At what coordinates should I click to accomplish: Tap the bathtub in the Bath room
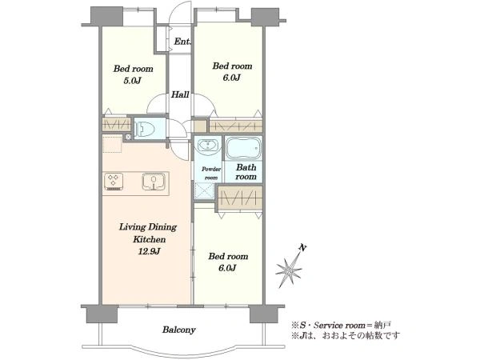click(244, 148)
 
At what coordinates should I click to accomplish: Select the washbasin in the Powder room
click(208, 146)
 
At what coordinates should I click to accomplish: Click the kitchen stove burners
click(114, 182)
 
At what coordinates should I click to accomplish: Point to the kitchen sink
click(154, 182)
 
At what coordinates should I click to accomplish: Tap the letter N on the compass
click(302, 248)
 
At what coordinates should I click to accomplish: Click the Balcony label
click(178, 330)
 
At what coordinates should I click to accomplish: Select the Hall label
click(180, 94)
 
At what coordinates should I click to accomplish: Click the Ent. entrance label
click(182, 42)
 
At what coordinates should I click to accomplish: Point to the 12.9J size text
click(149, 252)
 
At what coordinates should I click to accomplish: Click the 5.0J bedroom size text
click(132, 81)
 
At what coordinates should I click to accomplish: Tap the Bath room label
click(246, 172)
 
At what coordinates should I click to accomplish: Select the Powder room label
click(211, 174)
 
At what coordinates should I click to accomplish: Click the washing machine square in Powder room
click(205, 190)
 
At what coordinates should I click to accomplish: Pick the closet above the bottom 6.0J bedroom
click(240, 198)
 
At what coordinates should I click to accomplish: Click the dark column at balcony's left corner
click(102, 314)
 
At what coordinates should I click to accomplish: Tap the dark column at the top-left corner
click(107, 17)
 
